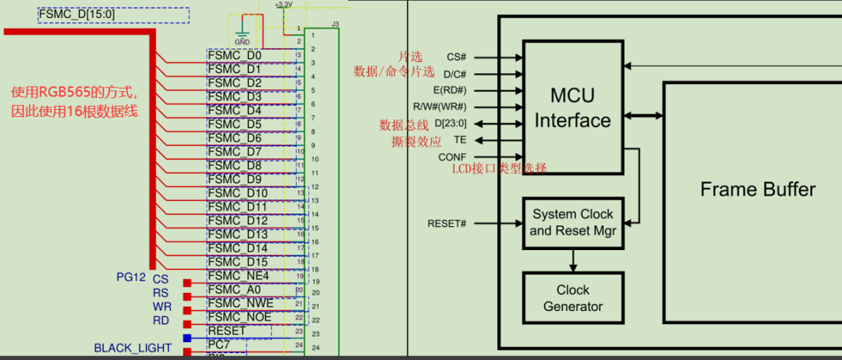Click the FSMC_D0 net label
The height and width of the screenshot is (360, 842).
pyautogui.click(x=235, y=56)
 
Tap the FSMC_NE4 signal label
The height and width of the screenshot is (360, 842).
pyautogui.click(x=239, y=276)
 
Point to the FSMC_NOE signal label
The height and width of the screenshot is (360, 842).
pyautogui.click(x=240, y=317)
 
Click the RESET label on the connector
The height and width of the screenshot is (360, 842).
pyautogui.click(x=227, y=330)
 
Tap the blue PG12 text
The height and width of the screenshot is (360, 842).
pyautogui.click(x=131, y=277)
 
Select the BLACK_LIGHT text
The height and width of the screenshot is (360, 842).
pyautogui.click(x=133, y=348)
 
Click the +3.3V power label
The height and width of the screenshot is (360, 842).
pyautogui.click(x=284, y=5)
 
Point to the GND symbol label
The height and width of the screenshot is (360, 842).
pyautogui.click(x=242, y=41)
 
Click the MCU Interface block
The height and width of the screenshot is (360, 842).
pyautogui.click(x=572, y=108)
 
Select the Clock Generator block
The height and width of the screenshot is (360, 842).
pyautogui.click(x=573, y=298)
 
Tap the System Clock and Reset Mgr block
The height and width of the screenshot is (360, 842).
pyautogui.click(x=573, y=222)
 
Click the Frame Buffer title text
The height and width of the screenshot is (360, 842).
pyautogui.click(x=758, y=189)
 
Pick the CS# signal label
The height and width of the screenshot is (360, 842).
pyautogui.click(x=456, y=57)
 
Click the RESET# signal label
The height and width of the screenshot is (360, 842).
pyautogui.click(x=447, y=224)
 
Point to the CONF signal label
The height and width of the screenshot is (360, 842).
pyautogui.click(x=452, y=157)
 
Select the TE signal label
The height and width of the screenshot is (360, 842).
pyautogui.click(x=459, y=140)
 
